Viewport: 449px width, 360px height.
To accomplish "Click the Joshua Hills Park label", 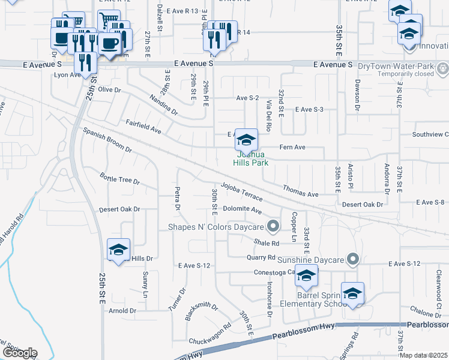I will click(250, 158).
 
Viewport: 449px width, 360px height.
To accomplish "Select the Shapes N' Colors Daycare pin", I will click(273, 227).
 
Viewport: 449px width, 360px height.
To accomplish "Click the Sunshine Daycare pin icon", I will click(353, 260).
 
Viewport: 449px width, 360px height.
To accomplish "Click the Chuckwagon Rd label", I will click(209, 335).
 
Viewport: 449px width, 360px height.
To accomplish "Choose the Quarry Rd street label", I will click(261, 257).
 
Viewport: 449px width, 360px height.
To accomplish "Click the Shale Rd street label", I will click(267, 243).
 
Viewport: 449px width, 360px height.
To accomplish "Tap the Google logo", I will click(19, 353).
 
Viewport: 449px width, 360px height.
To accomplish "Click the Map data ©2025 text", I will click(423, 355).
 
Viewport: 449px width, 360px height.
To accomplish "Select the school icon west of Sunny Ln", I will click(118, 250).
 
